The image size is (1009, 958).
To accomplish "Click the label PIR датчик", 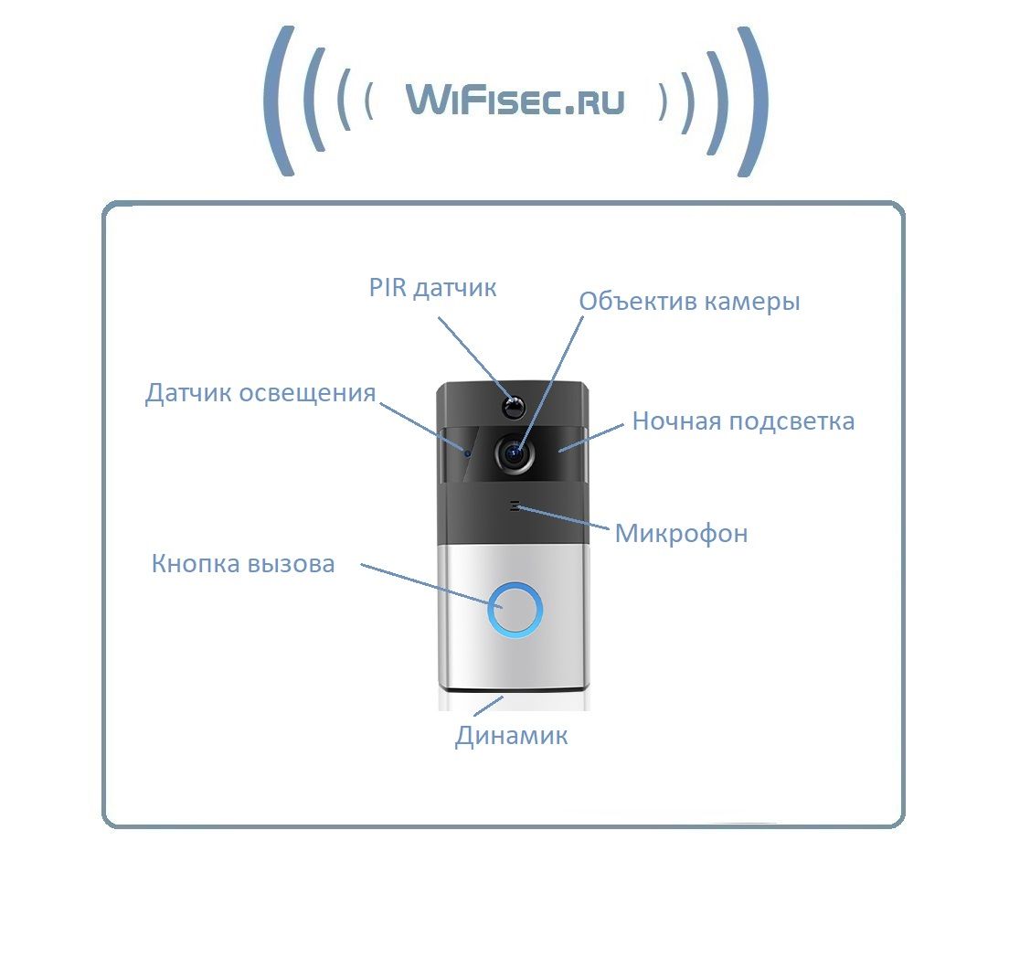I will pyautogui.click(x=432, y=288).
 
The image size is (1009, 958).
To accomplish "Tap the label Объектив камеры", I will pyautogui.click(x=689, y=302).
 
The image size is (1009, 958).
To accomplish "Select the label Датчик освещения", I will pyautogui.click(x=260, y=393).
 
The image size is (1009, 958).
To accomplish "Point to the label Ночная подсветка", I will pyautogui.click(x=743, y=421).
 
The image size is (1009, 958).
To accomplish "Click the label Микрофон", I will pyautogui.click(x=681, y=533).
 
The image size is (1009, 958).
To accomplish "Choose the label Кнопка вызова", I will pyautogui.click(x=243, y=564).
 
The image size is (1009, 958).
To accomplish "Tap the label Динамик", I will pyautogui.click(x=511, y=736).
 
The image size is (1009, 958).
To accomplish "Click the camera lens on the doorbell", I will pyautogui.click(x=515, y=451).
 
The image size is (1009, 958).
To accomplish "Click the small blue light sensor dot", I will pyautogui.click(x=467, y=451).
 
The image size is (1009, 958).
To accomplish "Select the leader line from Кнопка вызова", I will pyautogui.click(x=425, y=584).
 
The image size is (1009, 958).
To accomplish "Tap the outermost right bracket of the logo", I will pyautogui.click(x=755, y=101).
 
